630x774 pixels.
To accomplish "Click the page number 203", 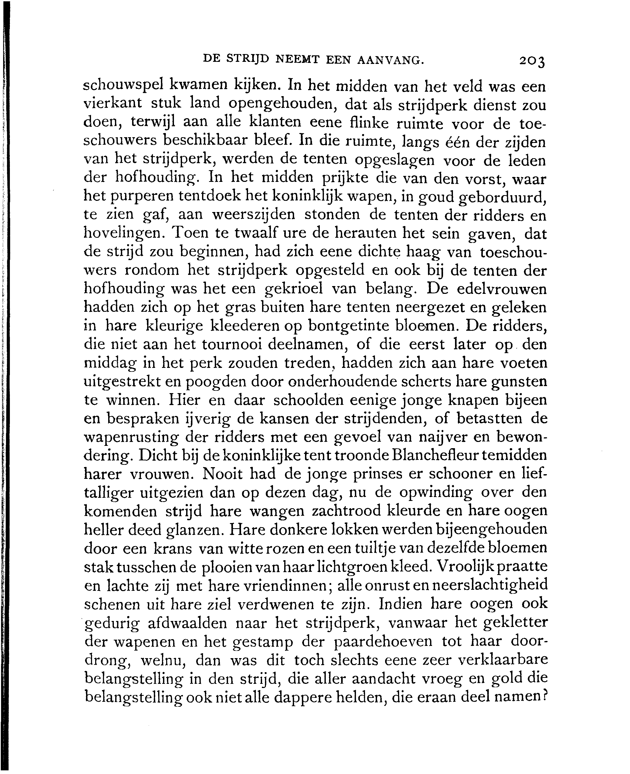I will click(x=532, y=61).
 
